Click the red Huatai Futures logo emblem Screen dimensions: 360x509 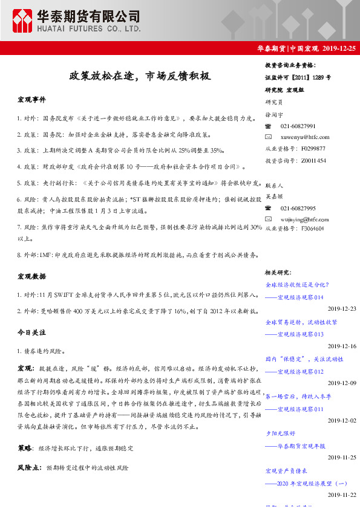[24, 22]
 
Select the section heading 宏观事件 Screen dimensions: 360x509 [31, 99]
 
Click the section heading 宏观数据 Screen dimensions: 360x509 [31, 276]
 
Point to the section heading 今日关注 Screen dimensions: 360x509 [31, 332]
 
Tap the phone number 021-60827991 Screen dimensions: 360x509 [298, 126]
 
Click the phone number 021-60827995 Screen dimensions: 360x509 [298, 208]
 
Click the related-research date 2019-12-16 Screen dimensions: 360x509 [342, 346]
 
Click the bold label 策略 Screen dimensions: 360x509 [25, 449]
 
